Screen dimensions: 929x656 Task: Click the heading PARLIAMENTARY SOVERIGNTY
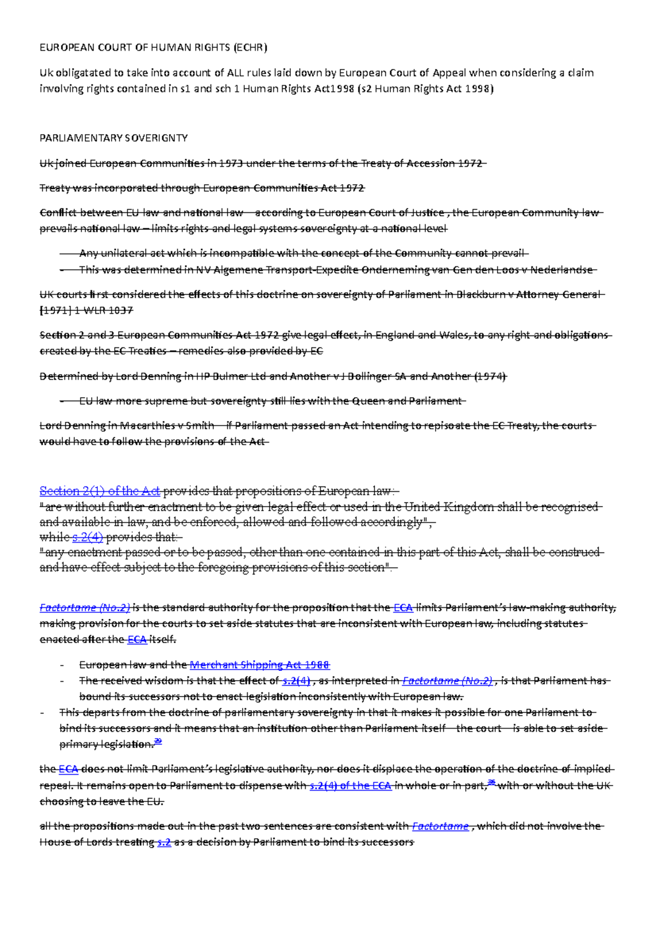tap(113, 138)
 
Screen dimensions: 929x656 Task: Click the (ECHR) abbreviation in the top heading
tap(250, 48)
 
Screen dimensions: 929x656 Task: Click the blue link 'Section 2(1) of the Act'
tap(99, 491)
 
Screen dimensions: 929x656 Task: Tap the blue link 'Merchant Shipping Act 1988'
tap(259, 665)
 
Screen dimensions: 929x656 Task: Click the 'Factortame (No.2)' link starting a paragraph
tap(85, 607)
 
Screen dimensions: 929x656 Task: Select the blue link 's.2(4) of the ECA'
tap(350, 786)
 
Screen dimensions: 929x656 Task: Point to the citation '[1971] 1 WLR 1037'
tap(86, 311)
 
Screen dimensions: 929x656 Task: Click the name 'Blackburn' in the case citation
tap(481, 294)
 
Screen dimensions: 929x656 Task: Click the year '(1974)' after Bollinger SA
tap(490, 376)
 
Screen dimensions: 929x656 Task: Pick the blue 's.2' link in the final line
tap(164, 843)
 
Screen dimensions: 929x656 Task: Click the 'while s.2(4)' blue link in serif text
tap(87, 537)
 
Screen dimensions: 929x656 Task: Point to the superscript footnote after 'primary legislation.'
tap(159, 741)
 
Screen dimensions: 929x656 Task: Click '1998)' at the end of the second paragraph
tap(479, 89)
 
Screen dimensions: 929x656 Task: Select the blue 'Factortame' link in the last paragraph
tap(440, 826)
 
